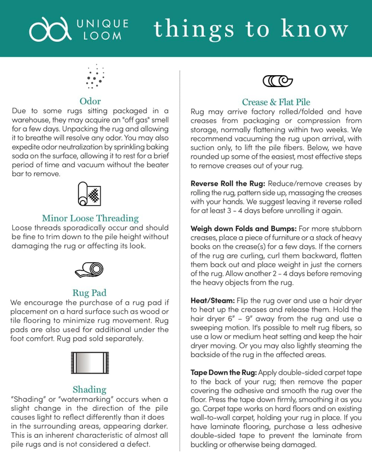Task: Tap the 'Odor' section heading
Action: (x=90, y=101)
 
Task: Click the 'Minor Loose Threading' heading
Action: (x=90, y=218)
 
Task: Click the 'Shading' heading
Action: (x=89, y=389)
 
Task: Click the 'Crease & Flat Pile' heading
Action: (x=276, y=102)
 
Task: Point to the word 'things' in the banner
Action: (x=187, y=28)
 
